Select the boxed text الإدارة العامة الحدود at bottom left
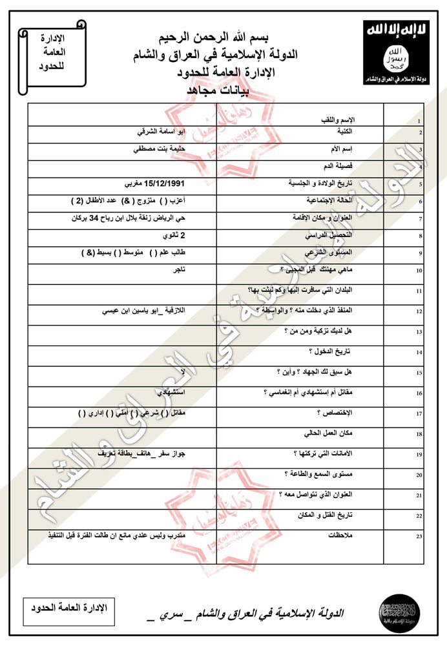(x=68, y=607)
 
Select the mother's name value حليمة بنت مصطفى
(x=159, y=149)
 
